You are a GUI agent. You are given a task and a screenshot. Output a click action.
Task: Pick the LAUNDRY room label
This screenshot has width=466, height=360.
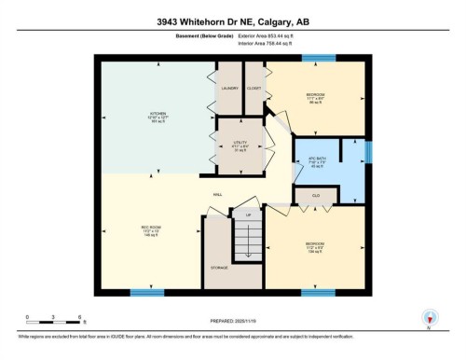230,89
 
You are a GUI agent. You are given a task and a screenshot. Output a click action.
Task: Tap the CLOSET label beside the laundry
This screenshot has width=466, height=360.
254,89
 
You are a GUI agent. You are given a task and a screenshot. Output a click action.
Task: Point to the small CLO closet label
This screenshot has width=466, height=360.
314,196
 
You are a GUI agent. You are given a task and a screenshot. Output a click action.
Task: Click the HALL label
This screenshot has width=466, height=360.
216,195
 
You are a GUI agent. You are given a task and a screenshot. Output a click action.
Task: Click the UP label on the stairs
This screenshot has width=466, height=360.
247,216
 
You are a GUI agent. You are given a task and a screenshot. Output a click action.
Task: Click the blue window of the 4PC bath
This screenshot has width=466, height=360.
369,152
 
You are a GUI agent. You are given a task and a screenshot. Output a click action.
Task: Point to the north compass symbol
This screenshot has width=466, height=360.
430,318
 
